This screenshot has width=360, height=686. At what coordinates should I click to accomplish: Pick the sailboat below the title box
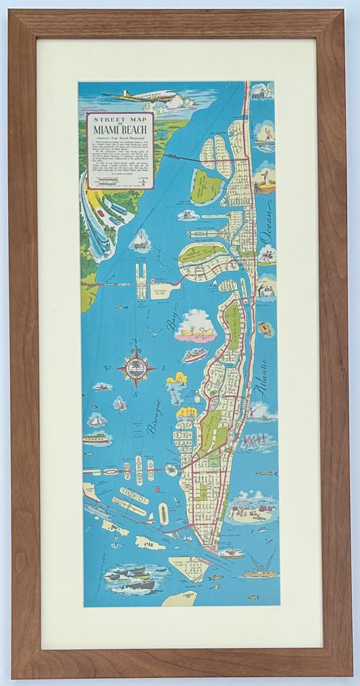click(140, 239)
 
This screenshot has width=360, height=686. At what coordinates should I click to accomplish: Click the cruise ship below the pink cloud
click(195, 354)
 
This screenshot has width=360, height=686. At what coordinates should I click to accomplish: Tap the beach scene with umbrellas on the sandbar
click(251, 509)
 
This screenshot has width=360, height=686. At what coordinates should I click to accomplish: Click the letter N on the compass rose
click(135, 342)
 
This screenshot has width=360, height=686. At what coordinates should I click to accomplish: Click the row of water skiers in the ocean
click(259, 443)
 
